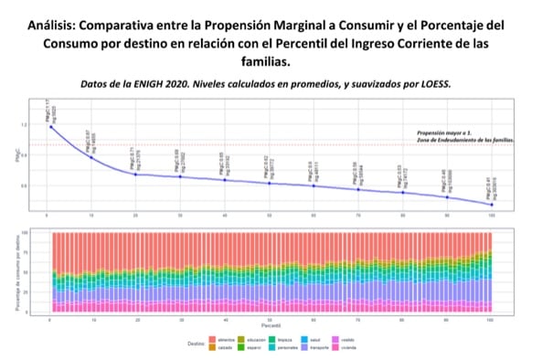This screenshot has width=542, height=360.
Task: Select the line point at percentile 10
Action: click(90, 157)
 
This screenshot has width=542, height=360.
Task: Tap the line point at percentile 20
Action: click(135, 174)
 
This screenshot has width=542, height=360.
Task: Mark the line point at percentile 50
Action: click(269, 184)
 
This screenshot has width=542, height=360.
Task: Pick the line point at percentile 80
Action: click(402, 192)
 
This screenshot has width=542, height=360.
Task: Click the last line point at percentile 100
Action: click(491, 204)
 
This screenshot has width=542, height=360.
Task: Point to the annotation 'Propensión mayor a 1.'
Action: click(446, 132)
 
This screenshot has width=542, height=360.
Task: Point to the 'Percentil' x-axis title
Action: click(271, 324)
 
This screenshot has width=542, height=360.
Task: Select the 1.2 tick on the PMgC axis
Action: click(36, 123)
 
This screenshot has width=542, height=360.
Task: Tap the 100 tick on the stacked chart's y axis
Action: click(36, 233)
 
